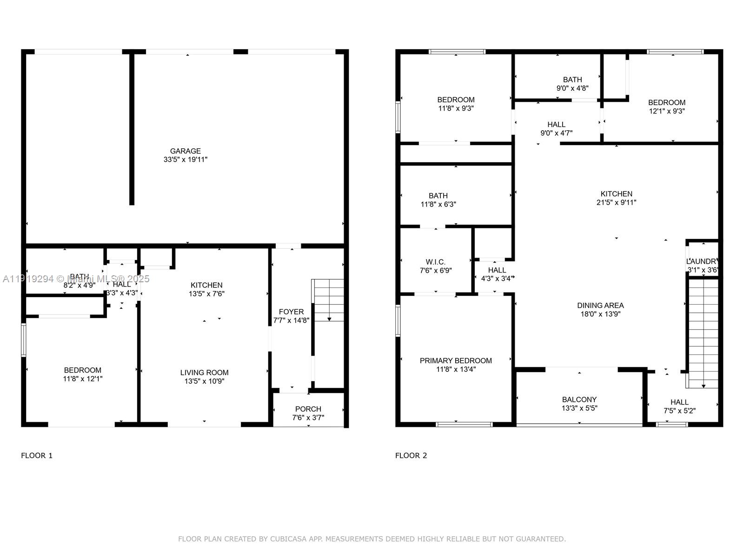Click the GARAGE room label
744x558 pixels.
[185, 151]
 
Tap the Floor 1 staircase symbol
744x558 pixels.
[328, 300]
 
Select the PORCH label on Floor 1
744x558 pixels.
[308, 409]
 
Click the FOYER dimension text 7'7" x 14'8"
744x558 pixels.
[291, 320]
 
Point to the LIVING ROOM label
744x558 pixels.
[204, 372]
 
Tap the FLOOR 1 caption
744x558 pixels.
[37, 456]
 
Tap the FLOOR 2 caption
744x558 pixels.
[411, 456]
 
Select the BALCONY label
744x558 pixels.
[579, 399]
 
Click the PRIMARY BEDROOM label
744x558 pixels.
[456, 361]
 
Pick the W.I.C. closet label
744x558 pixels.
[435, 262]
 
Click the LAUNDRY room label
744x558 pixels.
[703, 261]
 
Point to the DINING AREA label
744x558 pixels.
[600, 306]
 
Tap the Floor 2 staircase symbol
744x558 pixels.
[703, 332]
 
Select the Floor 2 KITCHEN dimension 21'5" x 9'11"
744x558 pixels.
[616, 203]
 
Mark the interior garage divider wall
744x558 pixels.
[132, 130]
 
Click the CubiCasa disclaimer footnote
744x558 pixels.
[372, 539]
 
